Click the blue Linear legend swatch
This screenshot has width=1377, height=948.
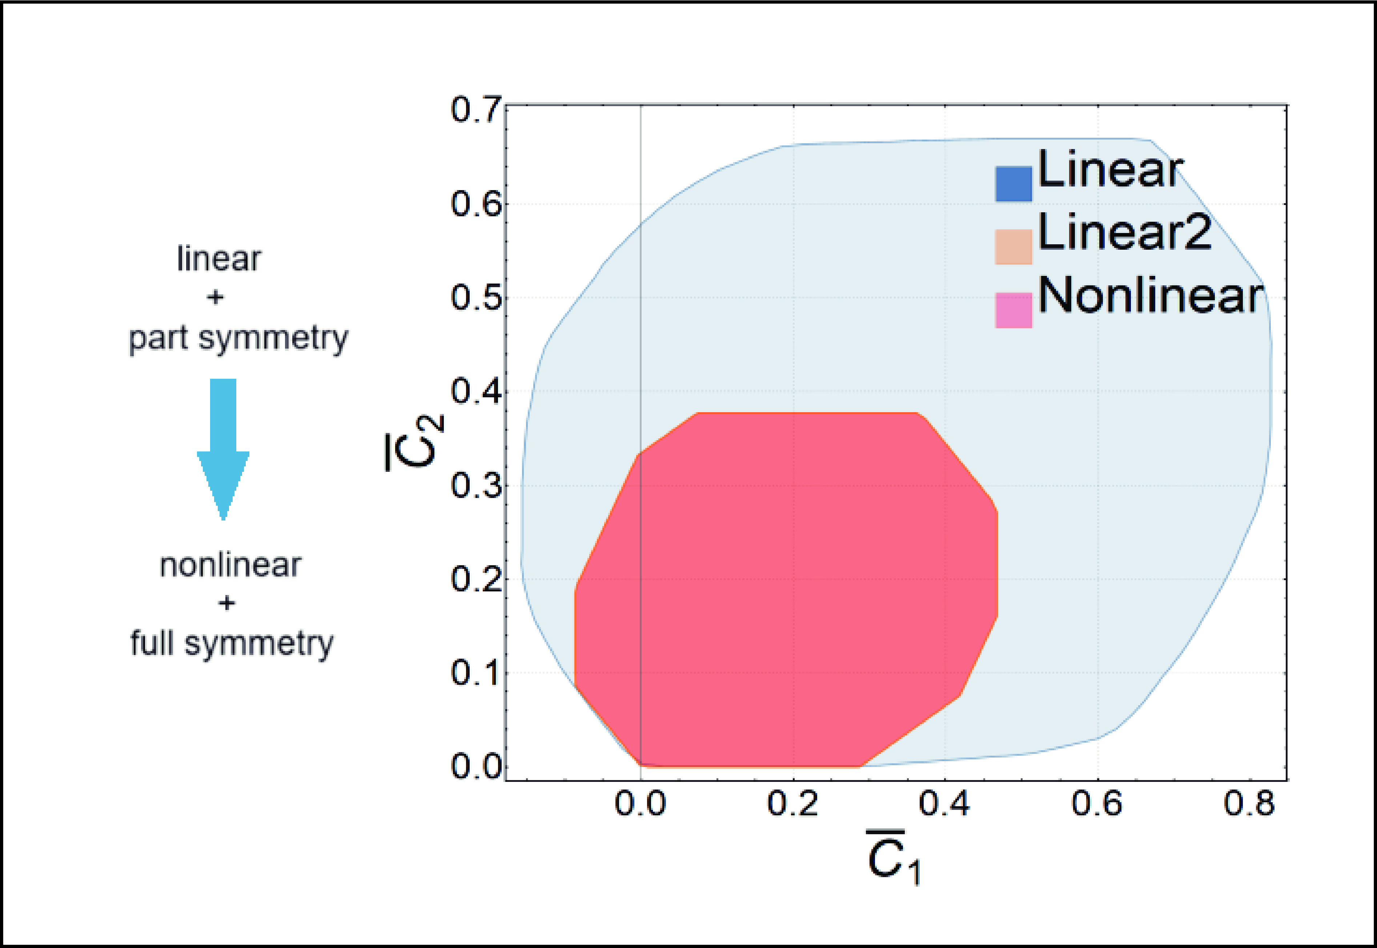pyautogui.click(x=1013, y=184)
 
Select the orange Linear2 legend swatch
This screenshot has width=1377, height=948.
pyautogui.click(x=1013, y=246)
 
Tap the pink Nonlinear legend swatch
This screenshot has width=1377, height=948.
pyautogui.click(x=1013, y=309)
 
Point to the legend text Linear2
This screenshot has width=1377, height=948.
pyautogui.click(x=1124, y=233)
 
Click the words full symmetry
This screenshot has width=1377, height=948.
pyautogui.click(x=232, y=644)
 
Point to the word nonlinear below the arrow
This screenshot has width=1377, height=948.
pyautogui.click(x=230, y=566)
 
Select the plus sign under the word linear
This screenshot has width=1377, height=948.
pyautogui.click(x=215, y=297)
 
